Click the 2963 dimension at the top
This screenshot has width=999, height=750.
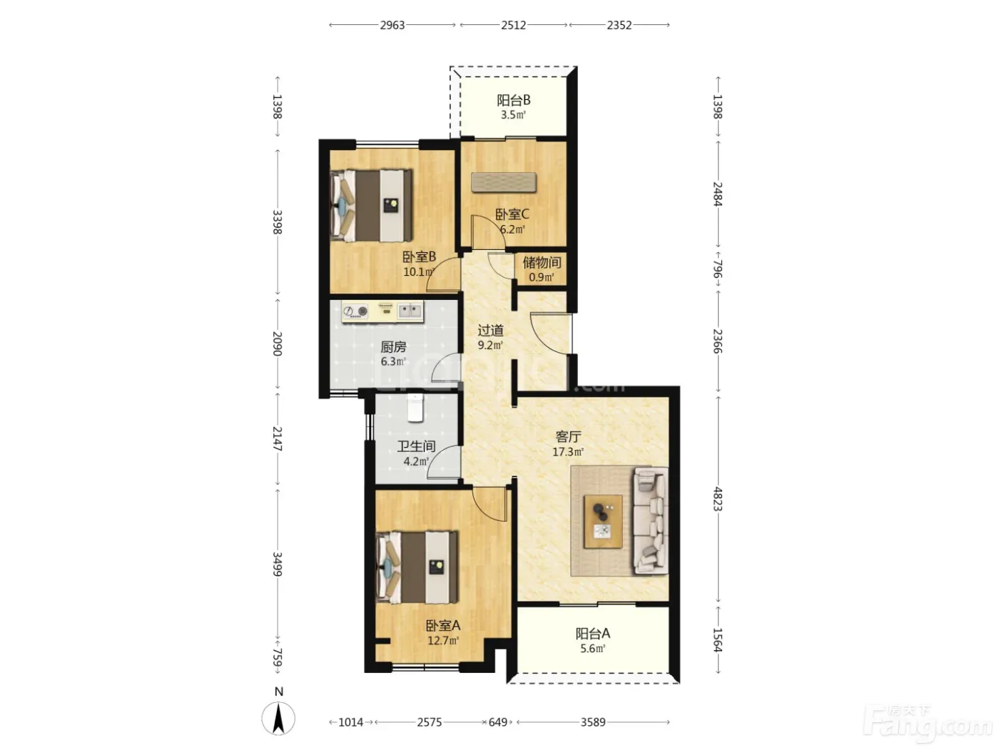click(392, 25)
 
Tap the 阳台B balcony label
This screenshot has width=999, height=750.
click(513, 100)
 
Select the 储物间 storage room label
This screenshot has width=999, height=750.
click(542, 262)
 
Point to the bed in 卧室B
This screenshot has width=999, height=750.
click(371, 206)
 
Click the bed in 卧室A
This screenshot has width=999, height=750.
click(417, 567)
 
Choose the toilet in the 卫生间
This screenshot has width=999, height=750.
click(415, 408)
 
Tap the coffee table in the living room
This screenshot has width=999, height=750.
click(604, 521)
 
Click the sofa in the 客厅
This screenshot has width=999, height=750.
click(651, 520)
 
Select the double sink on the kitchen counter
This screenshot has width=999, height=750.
click(410, 311)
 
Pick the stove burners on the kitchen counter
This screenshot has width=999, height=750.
click(355, 311)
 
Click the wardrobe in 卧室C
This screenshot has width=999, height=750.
click(503, 182)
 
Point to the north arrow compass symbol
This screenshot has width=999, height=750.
click(278, 718)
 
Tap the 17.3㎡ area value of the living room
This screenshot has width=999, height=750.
click(568, 451)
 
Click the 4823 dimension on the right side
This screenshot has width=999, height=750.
click(718, 499)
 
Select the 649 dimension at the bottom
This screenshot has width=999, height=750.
click(497, 722)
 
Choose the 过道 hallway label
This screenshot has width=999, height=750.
click(491, 330)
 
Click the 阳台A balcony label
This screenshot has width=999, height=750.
click(592, 634)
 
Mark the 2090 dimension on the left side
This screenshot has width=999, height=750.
click(278, 344)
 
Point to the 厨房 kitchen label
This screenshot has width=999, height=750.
click(393, 347)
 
